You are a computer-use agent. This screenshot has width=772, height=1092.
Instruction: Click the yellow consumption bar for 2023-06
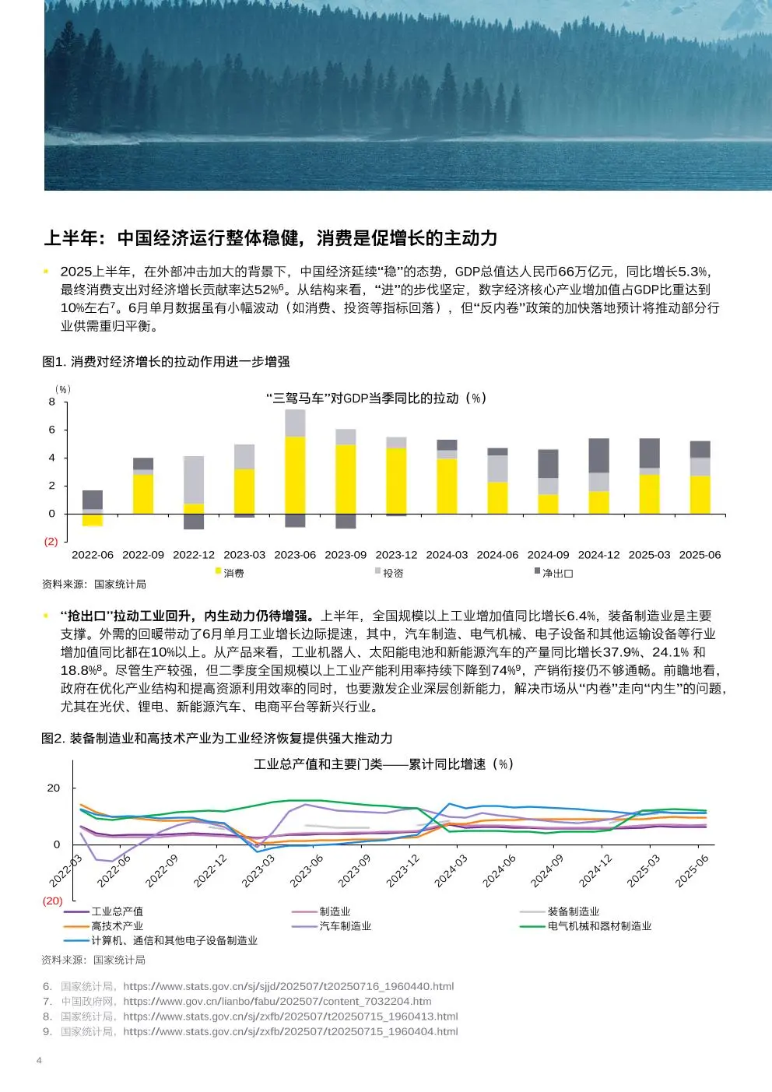(295, 475)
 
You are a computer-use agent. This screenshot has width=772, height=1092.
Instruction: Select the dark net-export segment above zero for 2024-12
(599, 455)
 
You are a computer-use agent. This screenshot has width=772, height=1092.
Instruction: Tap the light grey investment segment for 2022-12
(194, 480)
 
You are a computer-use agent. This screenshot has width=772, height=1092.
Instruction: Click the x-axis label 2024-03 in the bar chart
(447, 555)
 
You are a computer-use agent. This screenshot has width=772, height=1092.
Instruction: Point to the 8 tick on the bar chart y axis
(51, 402)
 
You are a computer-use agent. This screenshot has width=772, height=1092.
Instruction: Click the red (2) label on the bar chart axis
(51, 542)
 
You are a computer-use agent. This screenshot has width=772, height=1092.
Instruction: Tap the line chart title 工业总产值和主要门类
(318, 764)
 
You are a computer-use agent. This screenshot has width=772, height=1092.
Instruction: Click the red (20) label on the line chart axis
(53, 901)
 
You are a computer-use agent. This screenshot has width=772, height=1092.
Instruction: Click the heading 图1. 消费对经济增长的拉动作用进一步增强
(166, 361)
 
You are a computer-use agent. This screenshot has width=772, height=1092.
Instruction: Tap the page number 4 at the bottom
(39, 1060)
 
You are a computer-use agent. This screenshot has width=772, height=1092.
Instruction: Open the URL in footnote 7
(277, 1002)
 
